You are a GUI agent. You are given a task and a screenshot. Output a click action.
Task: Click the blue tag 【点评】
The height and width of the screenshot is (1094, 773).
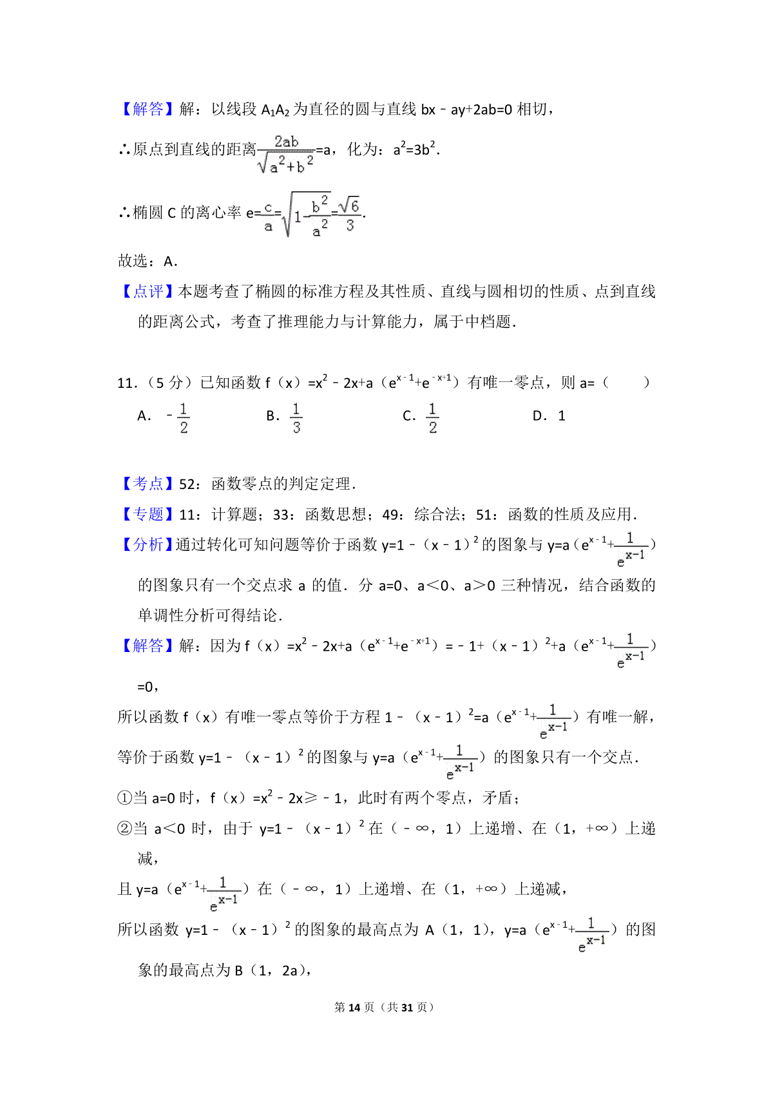click(148, 292)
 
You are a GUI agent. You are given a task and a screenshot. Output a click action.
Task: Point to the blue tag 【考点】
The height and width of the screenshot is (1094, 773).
click(148, 484)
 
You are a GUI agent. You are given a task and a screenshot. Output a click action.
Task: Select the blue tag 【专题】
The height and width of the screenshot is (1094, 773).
click(148, 514)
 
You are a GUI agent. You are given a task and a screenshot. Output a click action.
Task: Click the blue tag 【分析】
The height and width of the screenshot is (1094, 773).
click(148, 544)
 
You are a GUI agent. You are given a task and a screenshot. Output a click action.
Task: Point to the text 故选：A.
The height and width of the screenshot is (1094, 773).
click(148, 261)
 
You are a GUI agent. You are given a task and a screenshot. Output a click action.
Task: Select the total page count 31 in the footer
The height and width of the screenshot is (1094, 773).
click(406, 1007)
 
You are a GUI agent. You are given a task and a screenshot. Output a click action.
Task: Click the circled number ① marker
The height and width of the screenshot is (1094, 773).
click(124, 798)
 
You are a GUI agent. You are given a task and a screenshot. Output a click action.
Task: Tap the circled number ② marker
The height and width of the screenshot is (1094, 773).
click(124, 829)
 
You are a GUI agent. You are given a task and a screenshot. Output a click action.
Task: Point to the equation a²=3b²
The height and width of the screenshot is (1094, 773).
click(416, 149)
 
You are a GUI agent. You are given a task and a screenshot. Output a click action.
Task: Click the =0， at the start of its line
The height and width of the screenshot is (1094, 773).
click(148, 687)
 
